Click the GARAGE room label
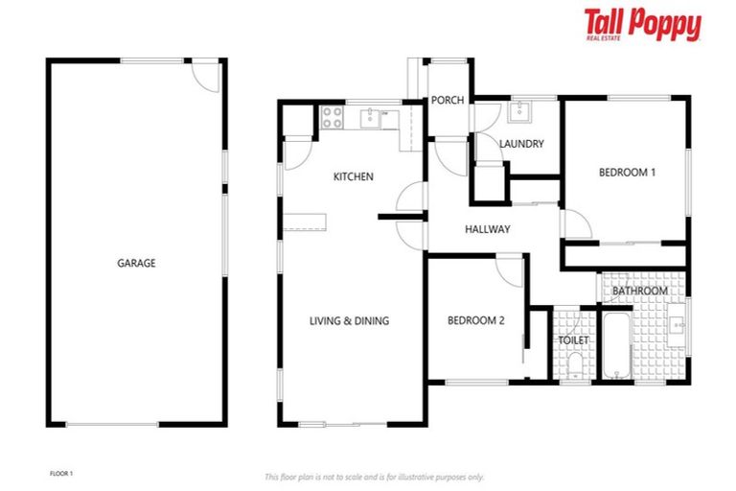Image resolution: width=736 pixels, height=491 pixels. coord(136,263)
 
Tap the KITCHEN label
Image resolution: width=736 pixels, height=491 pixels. coord(353,176)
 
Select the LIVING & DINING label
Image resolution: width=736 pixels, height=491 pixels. coord(349,321)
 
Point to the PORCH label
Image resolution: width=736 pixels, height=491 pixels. coord(447,101)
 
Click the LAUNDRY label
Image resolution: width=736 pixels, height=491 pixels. coord(521,144)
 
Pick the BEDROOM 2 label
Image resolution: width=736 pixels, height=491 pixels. coord(475,321)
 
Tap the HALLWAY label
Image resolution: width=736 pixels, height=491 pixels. coord(487,229)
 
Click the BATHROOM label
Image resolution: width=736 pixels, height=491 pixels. coord(639,291)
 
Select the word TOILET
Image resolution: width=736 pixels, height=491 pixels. coord(573,340)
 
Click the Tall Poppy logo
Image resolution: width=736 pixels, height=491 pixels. coord(642,25)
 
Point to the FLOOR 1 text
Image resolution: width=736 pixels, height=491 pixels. coord(60,473)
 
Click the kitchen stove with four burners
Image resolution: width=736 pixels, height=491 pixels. coord(332,118)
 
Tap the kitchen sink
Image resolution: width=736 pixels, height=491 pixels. coord(370,118)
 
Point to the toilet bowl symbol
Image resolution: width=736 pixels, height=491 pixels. coord(574,367)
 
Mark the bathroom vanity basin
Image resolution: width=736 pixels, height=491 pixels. coord(677,325)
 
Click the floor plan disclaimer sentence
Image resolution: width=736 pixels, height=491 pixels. coord(374,477)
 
